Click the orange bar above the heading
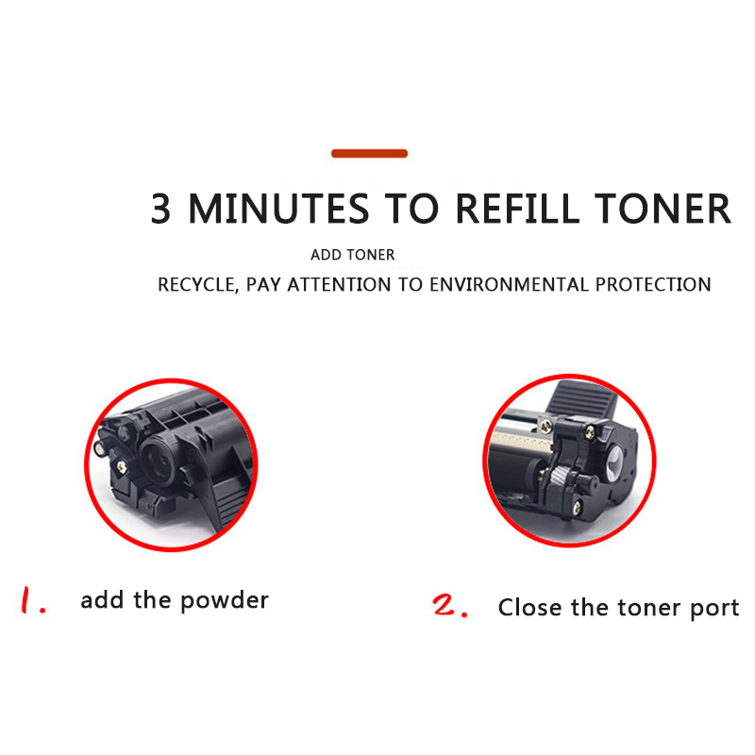(x=369, y=154)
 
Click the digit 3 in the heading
(x=160, y=209)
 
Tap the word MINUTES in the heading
(x=278, y=209)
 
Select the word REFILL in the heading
(x=517, y=209)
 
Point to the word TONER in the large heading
(x=663, y=209)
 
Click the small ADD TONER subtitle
(x=352, y=255)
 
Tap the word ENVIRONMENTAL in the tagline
(x=509, y=285)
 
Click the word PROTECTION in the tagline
(x=653, y=285)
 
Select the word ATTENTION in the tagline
(x=339, y=285)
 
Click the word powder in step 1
(x=225, y=601)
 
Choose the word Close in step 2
(x=529, y=607)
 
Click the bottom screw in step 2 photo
(x=577, y=506)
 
